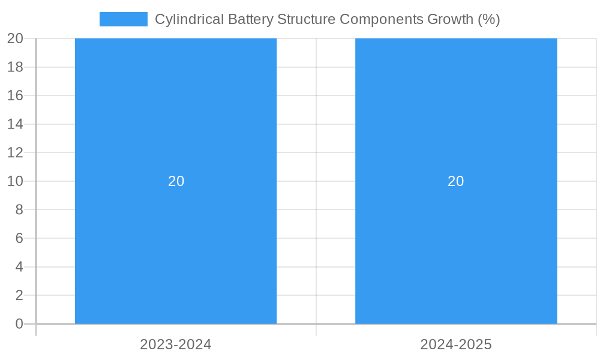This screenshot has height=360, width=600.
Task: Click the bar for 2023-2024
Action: click(176, 240)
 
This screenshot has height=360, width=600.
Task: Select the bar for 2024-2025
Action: click(456, 240)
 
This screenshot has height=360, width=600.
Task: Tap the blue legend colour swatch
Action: click(123, 19)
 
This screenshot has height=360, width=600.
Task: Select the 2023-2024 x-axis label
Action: click(176, 344)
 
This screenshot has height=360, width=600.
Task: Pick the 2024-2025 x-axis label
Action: click(456, 344)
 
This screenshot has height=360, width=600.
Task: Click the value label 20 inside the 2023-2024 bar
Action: click(176, 181)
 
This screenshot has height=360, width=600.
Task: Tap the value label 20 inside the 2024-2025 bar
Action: click(456, 181)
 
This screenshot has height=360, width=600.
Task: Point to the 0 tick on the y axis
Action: click(19, 324)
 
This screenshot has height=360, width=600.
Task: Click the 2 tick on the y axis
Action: click(19, 295)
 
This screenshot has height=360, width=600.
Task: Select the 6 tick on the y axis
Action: click(19, 238)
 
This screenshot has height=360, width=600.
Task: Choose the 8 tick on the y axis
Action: click(19, 209)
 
